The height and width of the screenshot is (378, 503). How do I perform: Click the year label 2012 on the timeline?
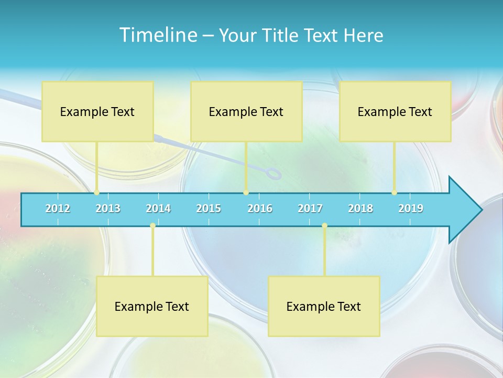tap(58, 208)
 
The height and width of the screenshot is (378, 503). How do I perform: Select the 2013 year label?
tap(108, 208)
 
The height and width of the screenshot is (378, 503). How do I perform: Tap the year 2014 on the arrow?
tap(158, 208)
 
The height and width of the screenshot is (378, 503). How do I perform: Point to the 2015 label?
tap(209, 208)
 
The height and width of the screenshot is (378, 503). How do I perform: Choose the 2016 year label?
tap(260, 208)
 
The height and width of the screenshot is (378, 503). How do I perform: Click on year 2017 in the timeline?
tap(310, 208)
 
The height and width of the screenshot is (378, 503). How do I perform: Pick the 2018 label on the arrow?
tap(360, 208)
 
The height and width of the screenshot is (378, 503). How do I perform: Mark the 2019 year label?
tap(411, 208)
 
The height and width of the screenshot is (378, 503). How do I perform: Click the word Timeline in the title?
tap(158, 35)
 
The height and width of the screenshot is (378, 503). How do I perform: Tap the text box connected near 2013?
tap(97, 111)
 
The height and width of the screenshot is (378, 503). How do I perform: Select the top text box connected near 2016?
tap(246, 111)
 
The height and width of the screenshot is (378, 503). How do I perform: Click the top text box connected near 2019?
tap(395, 111)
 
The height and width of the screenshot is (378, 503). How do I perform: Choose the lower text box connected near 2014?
tap(152, 306)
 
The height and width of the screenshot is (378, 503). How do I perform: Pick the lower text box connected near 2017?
tap(324, 306)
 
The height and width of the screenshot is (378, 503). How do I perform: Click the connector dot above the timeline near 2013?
tap(97, 193)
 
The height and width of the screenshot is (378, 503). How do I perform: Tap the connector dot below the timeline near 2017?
tap(324, 226)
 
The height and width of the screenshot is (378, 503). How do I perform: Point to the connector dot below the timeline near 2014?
tap(152, 226)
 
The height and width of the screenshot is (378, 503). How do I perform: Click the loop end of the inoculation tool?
tap(274, 173)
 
